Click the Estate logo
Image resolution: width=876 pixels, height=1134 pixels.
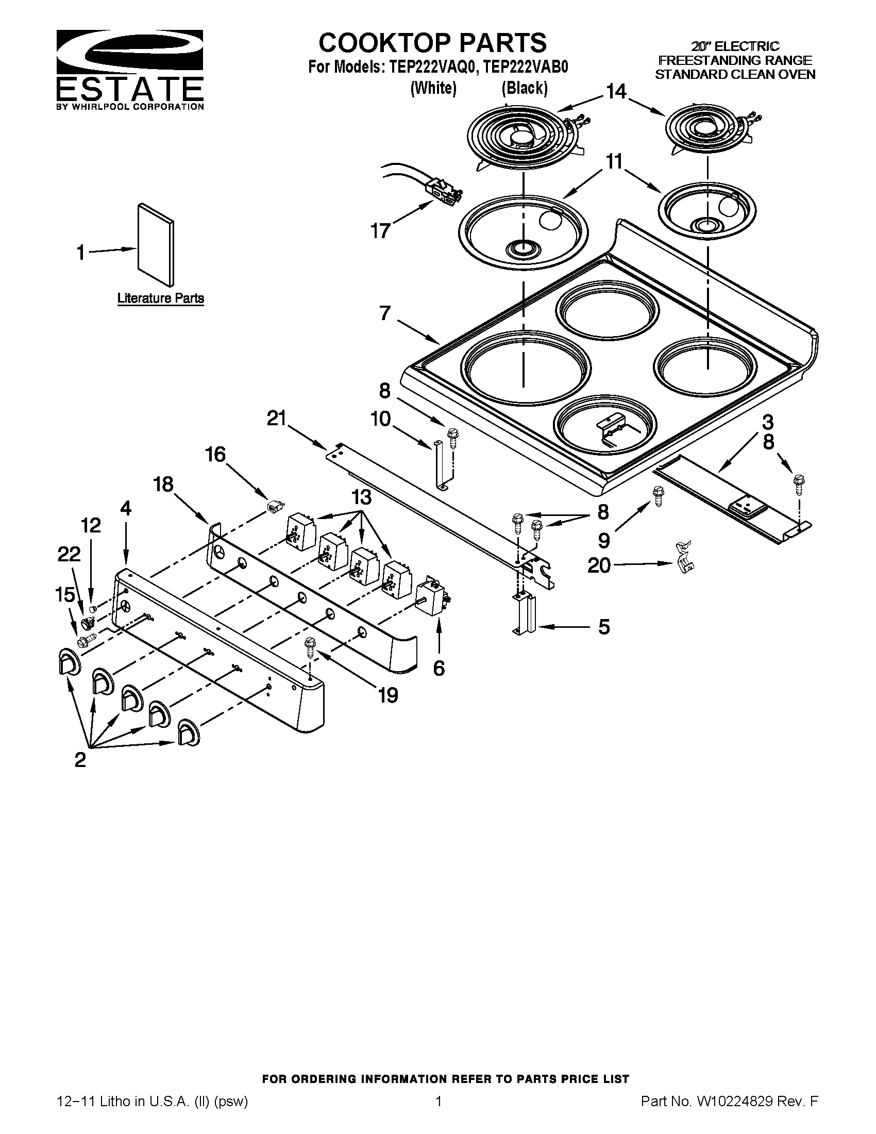pyautogui.click(x=129, y=70)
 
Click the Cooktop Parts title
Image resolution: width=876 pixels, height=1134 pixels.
pyautogui.click(x=432, y=43)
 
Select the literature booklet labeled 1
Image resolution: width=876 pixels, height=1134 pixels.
pyautogui.click(x=155, y=244)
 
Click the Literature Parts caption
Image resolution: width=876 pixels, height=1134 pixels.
pyautogui.click(x=160, y=298)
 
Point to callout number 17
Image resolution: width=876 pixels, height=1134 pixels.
pyautogui.click(x=380, y=231)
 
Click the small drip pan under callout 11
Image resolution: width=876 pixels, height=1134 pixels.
pyautogui.click(x=706, y=211)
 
